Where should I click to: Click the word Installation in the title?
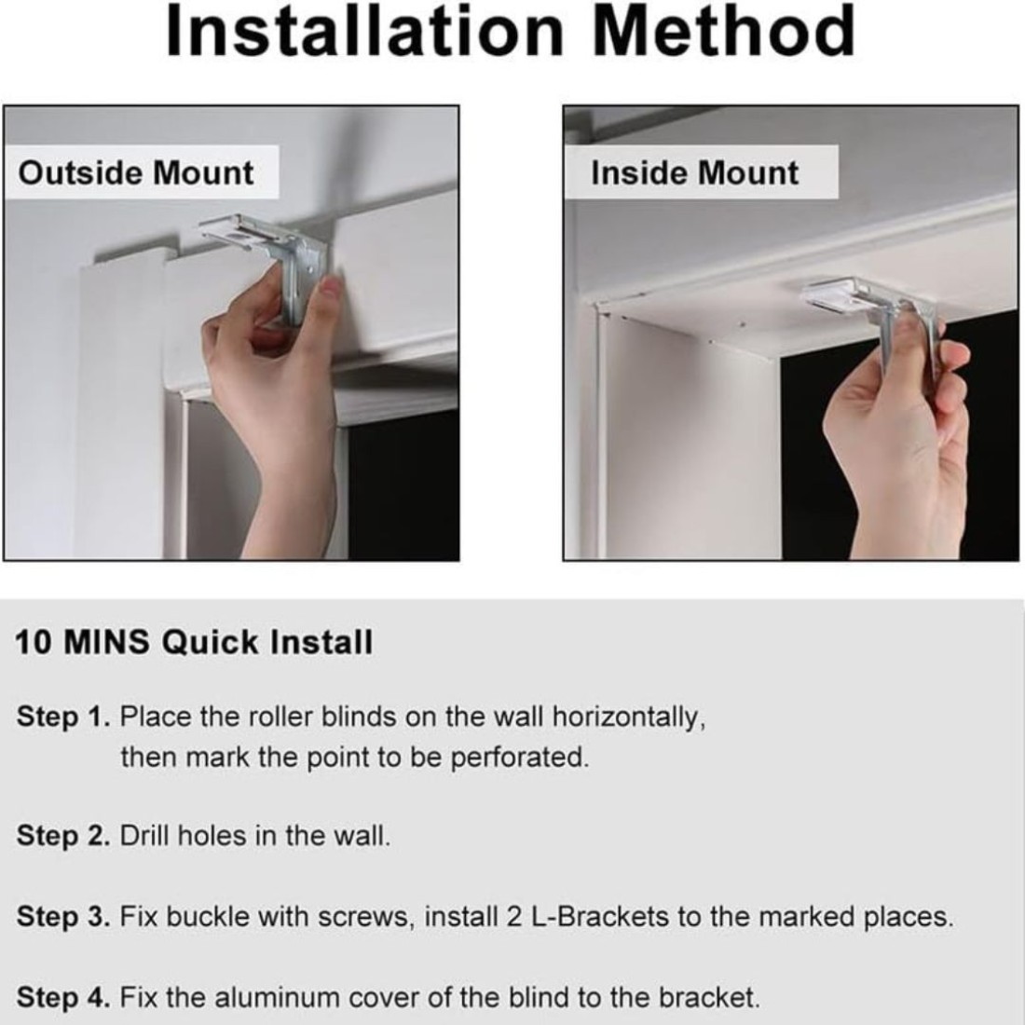tap(364, 32)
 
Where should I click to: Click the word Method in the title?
tap(724, 32)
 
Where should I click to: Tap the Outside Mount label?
tap(136, 173)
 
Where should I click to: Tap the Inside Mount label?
tap(695, 173)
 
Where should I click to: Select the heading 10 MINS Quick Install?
tap(194, 642)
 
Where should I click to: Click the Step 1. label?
tap(63, 717)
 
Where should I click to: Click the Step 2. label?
tap(63, 836)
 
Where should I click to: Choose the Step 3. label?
tap(63, 917)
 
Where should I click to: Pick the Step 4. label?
tap(63, 998)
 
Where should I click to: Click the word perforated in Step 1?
tap(520, 758)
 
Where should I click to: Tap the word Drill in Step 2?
tap(144, 836)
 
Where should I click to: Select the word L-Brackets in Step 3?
tap(600, 917)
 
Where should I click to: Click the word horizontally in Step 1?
tap(629, 717)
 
